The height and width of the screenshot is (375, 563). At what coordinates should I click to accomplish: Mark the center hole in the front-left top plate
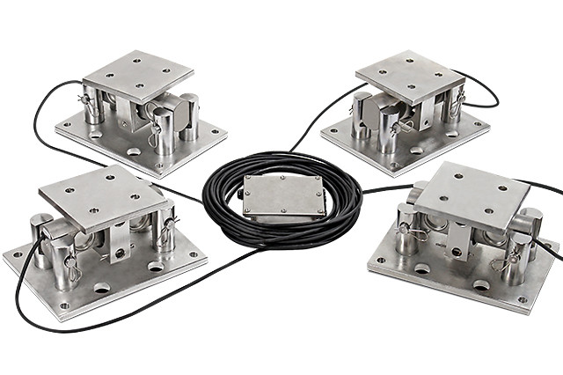tap(103, 197)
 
